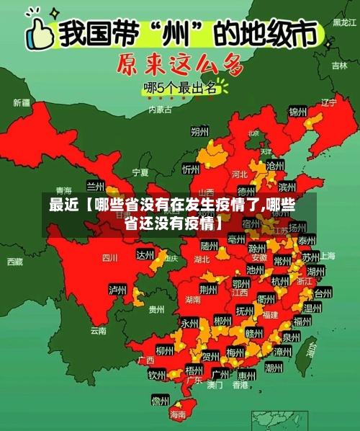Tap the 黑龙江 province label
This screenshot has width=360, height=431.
click(343, 23)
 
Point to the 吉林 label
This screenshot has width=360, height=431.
click(339, 66)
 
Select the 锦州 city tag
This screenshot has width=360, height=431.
click(297, 112)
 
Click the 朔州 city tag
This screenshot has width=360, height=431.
click(199, 131)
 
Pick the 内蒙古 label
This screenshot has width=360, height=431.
click(160, 110)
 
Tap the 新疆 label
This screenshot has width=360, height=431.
click(21, 103)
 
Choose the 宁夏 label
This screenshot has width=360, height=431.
click(140, 173)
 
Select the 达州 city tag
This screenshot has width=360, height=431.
click(145, 255)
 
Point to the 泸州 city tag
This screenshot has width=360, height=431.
click(117, 290)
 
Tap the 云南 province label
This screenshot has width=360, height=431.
click(98, 331)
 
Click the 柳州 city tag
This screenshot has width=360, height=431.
click(165, 351)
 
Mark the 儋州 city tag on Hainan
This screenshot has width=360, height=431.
click(160, 400)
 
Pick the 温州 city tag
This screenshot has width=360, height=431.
click(312, 308)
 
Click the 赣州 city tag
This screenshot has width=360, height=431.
click(254, 333)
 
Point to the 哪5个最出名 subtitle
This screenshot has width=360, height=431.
click(180, 89)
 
